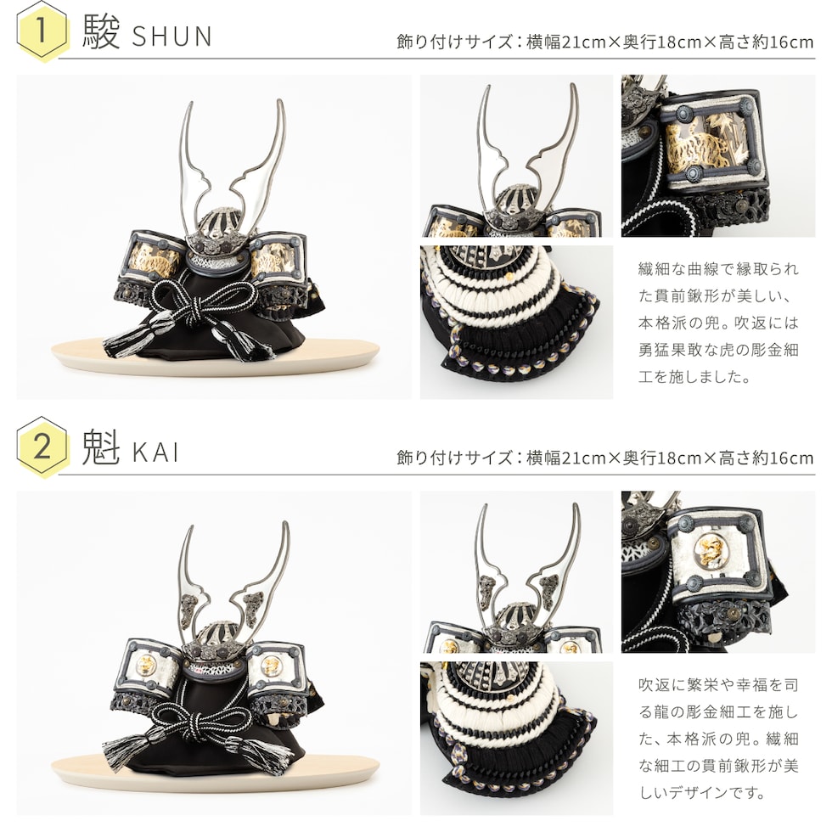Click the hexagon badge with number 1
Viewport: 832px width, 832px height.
click(42, 31)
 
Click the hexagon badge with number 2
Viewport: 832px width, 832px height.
click(42, 447)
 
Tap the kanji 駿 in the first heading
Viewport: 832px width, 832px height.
click(101, 32)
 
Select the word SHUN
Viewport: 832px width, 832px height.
click(171, 36)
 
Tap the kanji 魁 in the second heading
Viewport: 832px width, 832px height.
click(101, 448)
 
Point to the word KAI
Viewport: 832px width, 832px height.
click(155, 453)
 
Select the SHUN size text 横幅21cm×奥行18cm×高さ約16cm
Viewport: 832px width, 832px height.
click(670, 42)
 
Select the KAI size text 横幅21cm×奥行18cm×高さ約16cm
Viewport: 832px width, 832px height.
click(670, 458)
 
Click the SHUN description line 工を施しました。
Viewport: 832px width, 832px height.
click(694, 377)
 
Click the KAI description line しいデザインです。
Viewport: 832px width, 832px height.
click(702, 793)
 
